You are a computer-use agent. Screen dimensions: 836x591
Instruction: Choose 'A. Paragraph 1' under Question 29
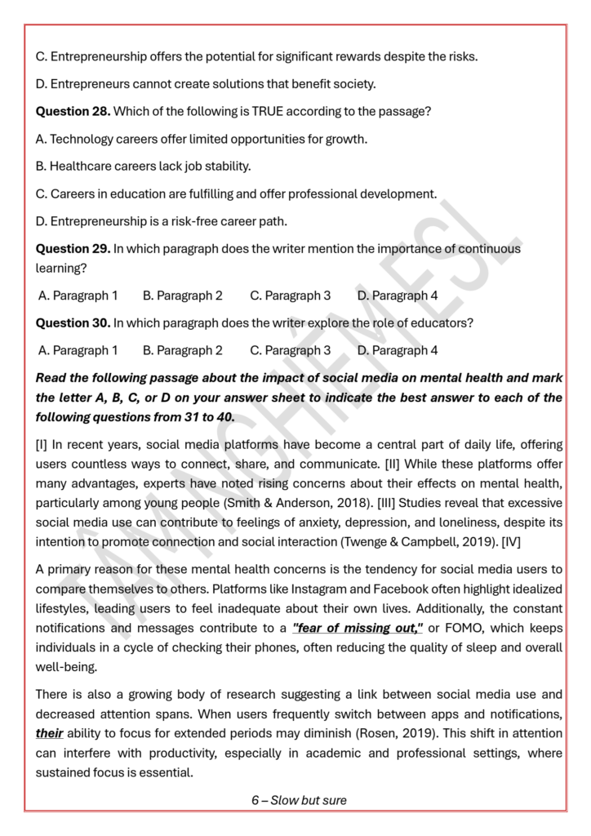tap(78, 296)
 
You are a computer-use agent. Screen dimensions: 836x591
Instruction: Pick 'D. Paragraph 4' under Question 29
tap(398, 296)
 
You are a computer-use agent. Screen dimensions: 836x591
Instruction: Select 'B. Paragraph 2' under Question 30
tap(182, 350)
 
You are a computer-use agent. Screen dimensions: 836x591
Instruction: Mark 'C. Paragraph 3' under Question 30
tap(290, 350)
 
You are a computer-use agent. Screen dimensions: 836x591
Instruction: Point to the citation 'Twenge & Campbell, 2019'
tap(434, 541)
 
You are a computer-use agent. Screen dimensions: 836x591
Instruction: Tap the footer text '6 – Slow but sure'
tap(299, 800)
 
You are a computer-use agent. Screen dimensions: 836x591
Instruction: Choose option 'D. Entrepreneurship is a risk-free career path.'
tap(161, 221)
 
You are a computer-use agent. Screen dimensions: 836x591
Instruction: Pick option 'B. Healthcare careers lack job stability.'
tap(143, 166)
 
